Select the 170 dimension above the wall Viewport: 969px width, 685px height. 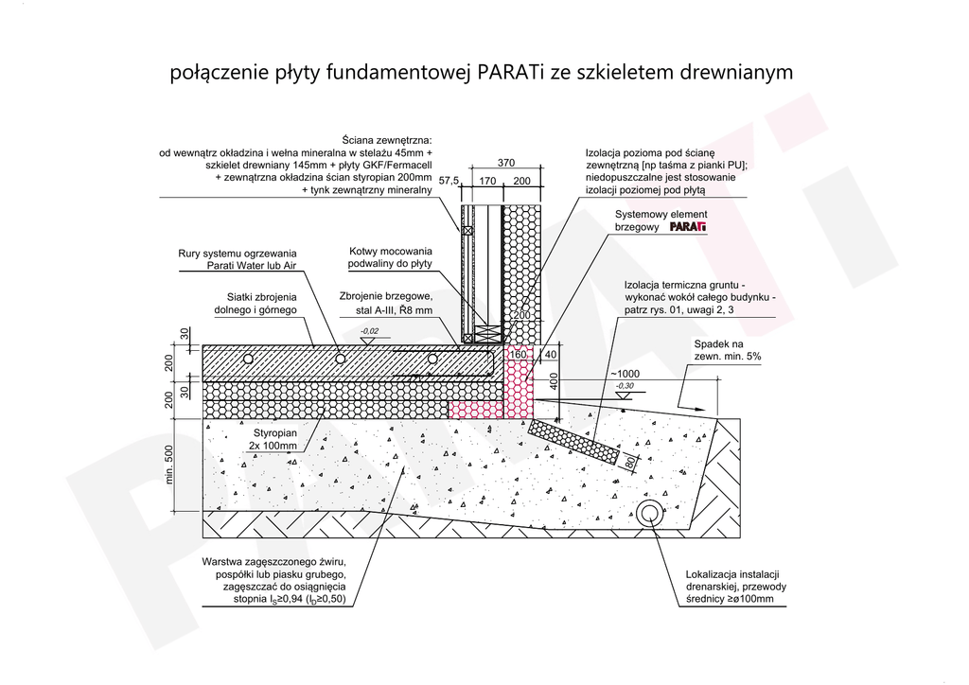pyautogui.click(x=487, y=180)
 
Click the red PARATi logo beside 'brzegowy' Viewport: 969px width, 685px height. pyautogui.click(x=688, y=228)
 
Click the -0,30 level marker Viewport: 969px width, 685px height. pyautogui.click(x=625, y=386)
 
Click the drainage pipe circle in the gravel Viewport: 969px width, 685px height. pyautogui.click(x=650, y=515)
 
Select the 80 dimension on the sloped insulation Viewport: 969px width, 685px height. pyautogui.click(x=627, y=464)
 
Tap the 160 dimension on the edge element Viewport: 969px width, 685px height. pyautogui.click(x=517, y=355)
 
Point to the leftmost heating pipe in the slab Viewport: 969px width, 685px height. pyautogui.click(x=248, y=360)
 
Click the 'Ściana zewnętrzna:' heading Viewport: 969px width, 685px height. pyautogui.click(x=389, y=139)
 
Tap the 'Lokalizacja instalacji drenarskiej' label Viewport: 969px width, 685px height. pyautogui.click(x=732, y=587)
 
